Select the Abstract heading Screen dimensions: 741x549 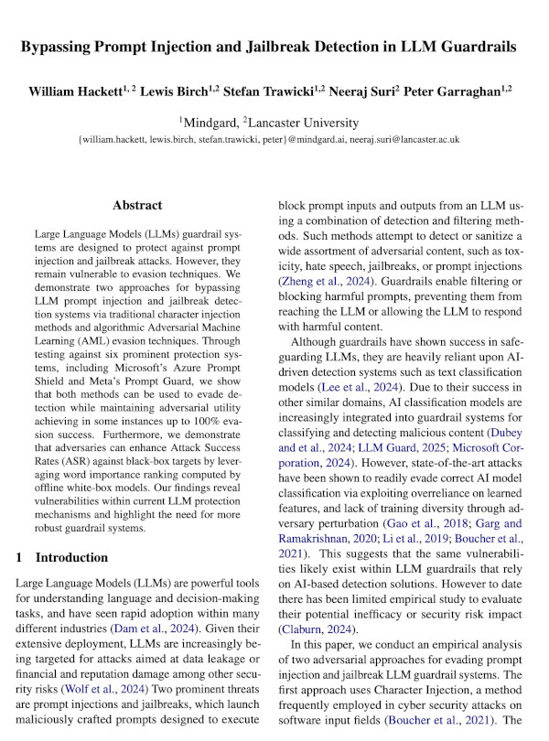pos(137,206)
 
